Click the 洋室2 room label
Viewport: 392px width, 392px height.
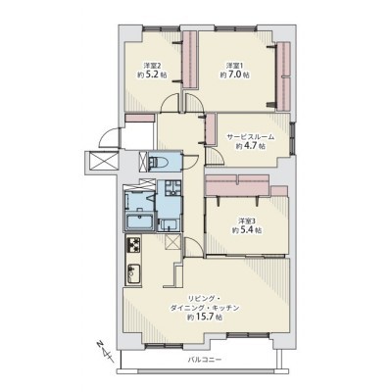152,65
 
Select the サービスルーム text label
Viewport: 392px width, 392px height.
251,137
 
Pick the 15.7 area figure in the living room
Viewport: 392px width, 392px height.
206,317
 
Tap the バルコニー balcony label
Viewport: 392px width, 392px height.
205,360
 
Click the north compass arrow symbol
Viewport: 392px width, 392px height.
104,351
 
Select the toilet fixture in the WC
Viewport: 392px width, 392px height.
158,162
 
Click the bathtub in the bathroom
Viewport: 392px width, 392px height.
139,222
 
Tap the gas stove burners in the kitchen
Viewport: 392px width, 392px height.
134,245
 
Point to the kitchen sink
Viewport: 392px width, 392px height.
133,273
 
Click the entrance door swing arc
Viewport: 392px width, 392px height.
110,138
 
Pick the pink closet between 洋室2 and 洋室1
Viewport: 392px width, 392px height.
189,60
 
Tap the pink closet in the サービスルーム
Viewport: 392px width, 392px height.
211,128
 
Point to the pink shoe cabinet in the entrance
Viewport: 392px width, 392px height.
140,119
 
